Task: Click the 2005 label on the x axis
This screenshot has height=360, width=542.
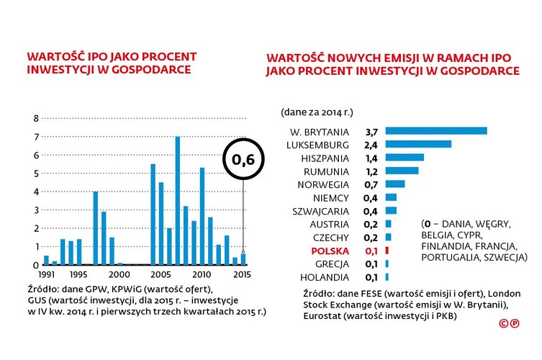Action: [x=160, y=274]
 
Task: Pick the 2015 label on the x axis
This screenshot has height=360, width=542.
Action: [x=243, y=274]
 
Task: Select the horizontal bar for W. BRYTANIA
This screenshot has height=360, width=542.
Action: [x=436, y=131]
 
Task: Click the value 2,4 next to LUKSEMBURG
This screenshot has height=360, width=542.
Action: [x=371, y=144]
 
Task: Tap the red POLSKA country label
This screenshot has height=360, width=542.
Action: [x=329, y=251]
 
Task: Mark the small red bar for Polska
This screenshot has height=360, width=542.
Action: [x=387, y=251]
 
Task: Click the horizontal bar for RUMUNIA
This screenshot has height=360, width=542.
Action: [x=402, y=171]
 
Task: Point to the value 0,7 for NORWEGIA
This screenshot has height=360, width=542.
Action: [x=371, y=184]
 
